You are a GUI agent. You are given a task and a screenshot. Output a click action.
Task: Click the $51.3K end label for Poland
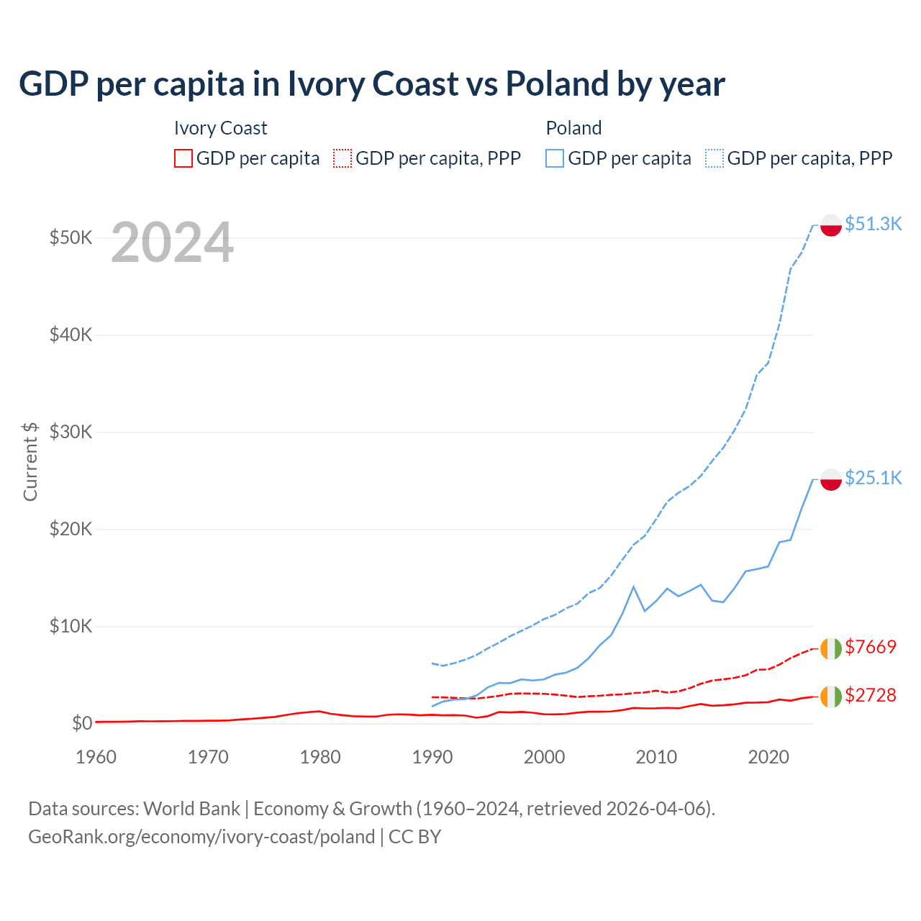pos(873,224)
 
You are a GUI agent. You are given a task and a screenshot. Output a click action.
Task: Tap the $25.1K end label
pos(873,478)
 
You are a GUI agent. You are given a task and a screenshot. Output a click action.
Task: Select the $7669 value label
pos(871,647)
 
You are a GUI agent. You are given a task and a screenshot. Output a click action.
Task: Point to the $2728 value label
pos(871,695)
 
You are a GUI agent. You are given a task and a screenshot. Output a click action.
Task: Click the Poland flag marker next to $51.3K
pos(831,225)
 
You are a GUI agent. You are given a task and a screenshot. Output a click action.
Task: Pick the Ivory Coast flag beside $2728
pos(831,697)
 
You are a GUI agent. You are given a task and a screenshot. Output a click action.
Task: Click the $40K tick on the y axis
pos(71,335)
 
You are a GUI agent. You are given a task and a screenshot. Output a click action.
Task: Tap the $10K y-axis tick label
pos(71,626)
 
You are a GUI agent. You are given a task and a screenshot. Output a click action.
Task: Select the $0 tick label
pos(82,723)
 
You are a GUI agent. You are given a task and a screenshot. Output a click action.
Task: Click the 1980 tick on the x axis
pos(320,757)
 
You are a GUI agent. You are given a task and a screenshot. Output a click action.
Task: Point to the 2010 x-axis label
pos(656,757)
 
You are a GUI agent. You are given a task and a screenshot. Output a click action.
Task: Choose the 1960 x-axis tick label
pos(96,757)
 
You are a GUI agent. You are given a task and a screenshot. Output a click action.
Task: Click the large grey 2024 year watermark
pos(172,242)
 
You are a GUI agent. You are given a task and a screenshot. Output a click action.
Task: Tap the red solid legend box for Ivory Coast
pos(183,158)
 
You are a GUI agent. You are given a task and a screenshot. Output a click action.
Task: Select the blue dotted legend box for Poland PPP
pos(714,158)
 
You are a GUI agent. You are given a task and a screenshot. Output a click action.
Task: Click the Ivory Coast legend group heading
pos(220,128)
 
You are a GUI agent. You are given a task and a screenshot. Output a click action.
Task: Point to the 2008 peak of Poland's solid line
pos(633,587)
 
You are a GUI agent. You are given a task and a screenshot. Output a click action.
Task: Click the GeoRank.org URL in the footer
pos(201,837)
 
